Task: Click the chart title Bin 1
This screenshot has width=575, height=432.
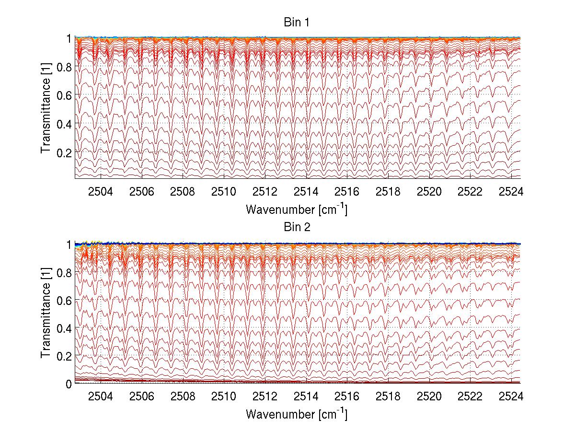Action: (x=297, y=22)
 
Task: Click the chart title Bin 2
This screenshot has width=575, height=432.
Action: (x=297, y=227)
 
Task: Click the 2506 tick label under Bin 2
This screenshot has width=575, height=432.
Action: (x=142, y=397)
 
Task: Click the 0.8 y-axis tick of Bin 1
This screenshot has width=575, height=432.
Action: (x=65, y=67)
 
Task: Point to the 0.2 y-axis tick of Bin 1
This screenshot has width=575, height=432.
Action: (x=65, y=152)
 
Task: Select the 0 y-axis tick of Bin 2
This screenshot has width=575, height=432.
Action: (x=69, y=384)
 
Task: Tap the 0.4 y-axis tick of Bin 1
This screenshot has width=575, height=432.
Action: (x=65, y=124)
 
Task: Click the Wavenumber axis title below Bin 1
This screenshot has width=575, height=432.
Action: (x=297, y=210)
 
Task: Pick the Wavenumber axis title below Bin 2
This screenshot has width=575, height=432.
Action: (x=297, y=414)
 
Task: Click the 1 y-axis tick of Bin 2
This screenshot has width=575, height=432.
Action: (x=69, y=245)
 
